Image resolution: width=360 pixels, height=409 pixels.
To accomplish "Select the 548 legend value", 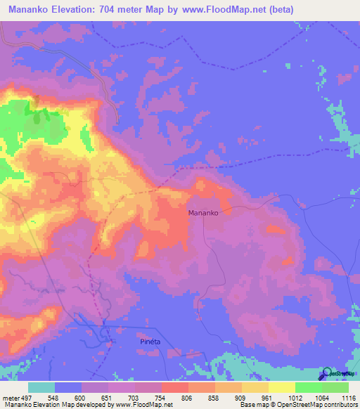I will pyautogui.click(x=53, y=397).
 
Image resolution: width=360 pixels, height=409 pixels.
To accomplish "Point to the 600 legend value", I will pyautogui.click(x=81, y=397).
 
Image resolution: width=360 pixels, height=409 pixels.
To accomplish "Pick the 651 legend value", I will pyautogui.click(x=108, y=397).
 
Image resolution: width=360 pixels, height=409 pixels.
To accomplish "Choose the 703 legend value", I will pyautogui.click(x=134, y=397).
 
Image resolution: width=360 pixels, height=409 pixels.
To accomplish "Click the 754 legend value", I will pyautogui.click(x=161, y=397).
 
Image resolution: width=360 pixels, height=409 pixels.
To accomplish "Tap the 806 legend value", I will pyautogui.click(x=188, y=397).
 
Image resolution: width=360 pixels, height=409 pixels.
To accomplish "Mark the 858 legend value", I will pyautogui.click(x=214, y=397).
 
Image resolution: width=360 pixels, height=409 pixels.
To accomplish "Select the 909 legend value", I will pyautogui.click(x=241, y=397).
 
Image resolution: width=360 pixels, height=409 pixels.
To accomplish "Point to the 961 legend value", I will pyautogui.click(x=268, y=397).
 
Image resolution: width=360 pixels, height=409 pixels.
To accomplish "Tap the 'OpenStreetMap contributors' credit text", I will pyautogui.click(x=316, y=405).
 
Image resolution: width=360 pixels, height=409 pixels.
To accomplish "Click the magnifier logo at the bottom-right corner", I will pyautogui.click(x=326, y=373).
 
